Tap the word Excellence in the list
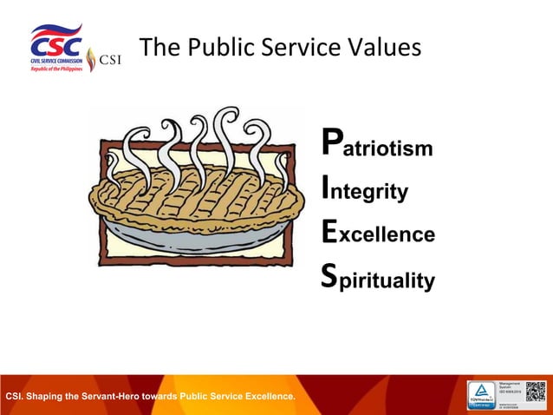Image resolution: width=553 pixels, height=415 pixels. [378, 234]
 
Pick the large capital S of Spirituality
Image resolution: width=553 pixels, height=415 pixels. [329, 274]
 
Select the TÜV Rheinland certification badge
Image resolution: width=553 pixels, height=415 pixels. [482, 394]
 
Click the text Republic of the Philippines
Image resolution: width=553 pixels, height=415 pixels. [56, 68]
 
